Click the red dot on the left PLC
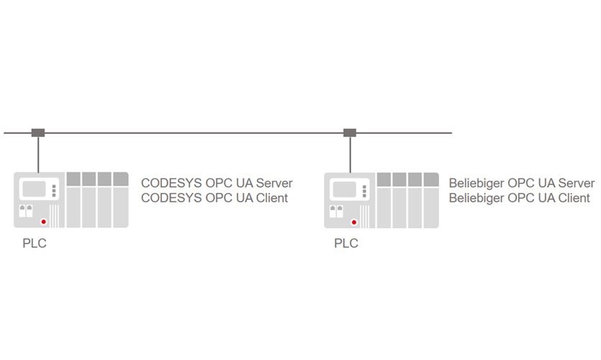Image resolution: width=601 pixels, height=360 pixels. (x=44, y=221)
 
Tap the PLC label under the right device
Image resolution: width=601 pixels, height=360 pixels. (x=345, y=243)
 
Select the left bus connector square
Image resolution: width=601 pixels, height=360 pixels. (x=38, y=132)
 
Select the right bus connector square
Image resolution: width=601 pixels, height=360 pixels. (x=350, y=132)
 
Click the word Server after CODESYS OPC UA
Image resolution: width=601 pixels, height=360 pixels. (x=274, y=183)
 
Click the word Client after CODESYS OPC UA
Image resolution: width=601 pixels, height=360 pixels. (x=271, y=198)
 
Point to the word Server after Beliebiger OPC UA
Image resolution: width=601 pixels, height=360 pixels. (x=576, y=183)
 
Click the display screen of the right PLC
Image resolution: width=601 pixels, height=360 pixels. (x=346, y=189)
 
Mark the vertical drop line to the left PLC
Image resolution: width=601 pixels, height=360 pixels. (x=38, y=154)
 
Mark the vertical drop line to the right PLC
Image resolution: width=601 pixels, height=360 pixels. (x=350, y=154)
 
